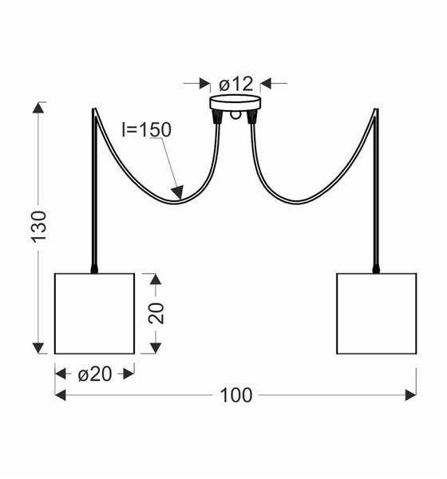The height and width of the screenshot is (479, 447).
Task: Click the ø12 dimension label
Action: click(236, 84)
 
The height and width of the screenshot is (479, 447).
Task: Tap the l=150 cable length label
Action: click(146, 129)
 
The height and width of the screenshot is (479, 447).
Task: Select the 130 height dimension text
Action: click(39, 227)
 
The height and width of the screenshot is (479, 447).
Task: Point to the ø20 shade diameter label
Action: click(95, 374)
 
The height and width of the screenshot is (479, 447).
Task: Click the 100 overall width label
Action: click(236, 395)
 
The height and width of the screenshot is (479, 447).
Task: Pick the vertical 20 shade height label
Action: click(156, 313)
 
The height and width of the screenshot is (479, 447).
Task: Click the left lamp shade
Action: click(95, 314)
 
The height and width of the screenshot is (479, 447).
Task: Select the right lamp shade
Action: click(377, 314)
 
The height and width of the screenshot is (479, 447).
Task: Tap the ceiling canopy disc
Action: click(235, 103)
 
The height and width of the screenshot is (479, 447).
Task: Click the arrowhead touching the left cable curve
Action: click(178, 192)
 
